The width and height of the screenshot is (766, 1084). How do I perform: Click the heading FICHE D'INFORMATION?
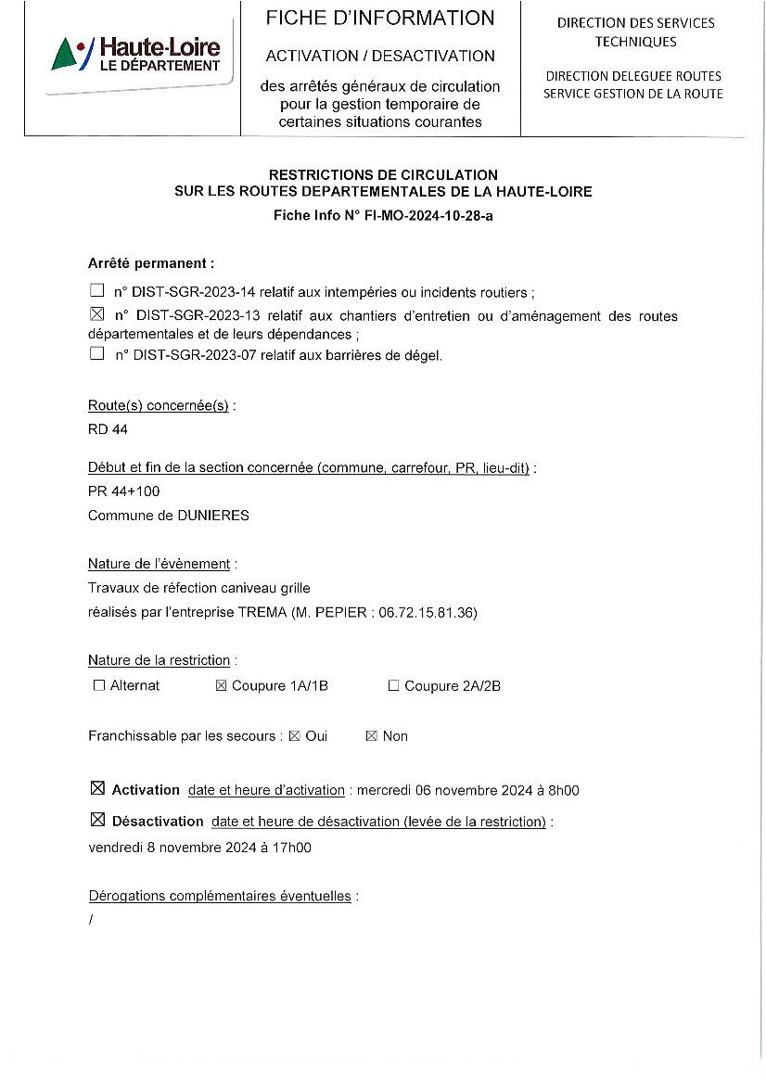(380, 18)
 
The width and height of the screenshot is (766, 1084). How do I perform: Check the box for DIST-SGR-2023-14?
(96, 291)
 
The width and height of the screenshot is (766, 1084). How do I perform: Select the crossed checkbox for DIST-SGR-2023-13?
(96, 316)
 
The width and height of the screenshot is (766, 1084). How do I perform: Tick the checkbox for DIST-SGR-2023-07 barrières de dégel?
(96, 353)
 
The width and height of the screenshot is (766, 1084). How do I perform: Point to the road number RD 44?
(108, 429)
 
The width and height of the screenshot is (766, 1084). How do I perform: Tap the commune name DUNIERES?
(213, 516)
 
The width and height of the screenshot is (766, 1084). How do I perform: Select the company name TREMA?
(262, 612)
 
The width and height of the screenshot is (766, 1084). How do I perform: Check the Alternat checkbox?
(99, 686)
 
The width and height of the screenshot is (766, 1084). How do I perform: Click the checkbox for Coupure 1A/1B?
(221, 686)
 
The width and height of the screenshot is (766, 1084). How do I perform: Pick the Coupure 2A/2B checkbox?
(393, 686)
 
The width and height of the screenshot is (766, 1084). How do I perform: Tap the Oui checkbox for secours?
(294, 736)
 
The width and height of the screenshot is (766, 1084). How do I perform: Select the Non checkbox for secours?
(371, 736)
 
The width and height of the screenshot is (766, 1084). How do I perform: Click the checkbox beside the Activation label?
(97, 789)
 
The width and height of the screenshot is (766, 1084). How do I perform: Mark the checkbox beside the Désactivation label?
(97, 820)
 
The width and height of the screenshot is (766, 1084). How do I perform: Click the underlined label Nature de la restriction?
(159, 660)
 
